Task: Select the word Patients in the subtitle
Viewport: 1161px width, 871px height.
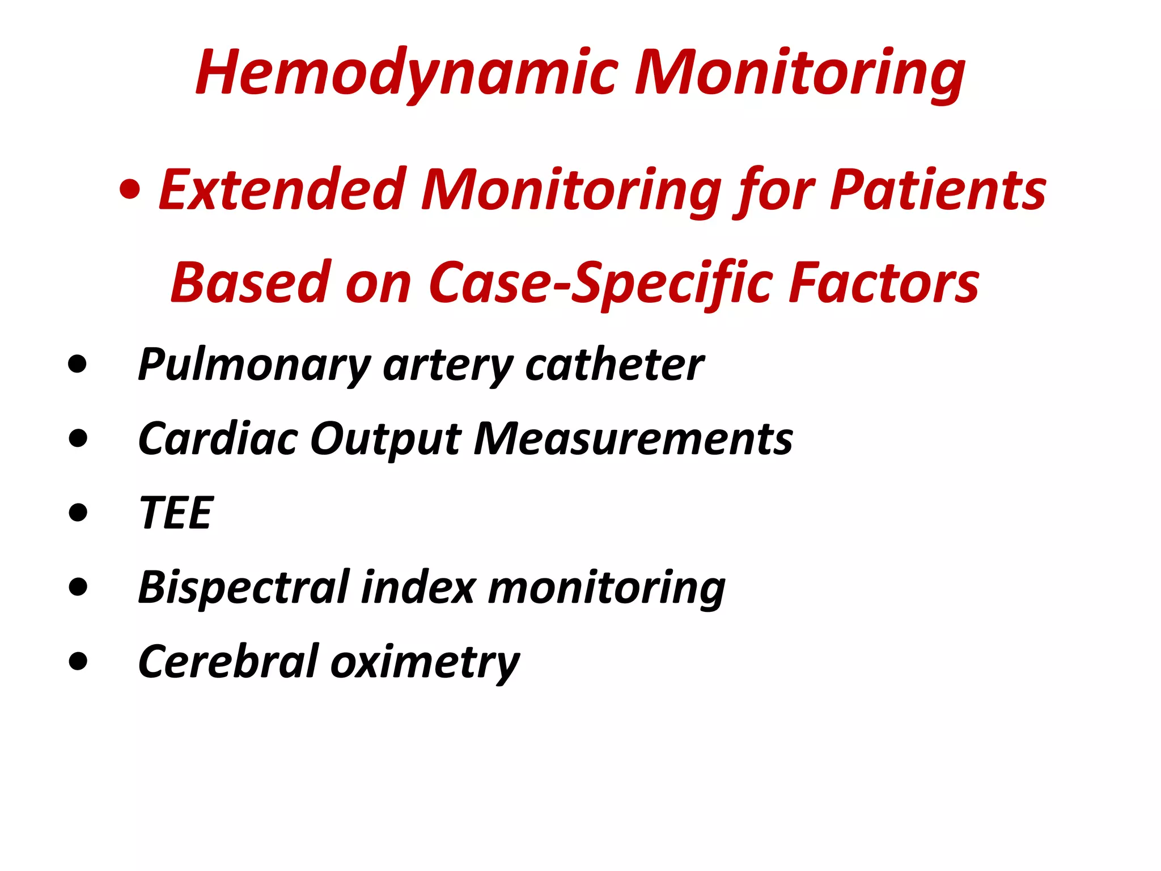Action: (938, 190)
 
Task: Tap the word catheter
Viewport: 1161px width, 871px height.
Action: (615, 366)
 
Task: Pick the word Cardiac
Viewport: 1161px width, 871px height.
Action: (218, 439)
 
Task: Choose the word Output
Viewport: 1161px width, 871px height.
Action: (385, 440)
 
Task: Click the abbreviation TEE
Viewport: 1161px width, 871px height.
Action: (176, 513)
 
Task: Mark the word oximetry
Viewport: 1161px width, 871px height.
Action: (425, 662)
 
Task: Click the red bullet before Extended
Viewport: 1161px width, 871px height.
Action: (130, 191)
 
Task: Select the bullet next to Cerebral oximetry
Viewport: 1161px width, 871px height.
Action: (78, 661)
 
